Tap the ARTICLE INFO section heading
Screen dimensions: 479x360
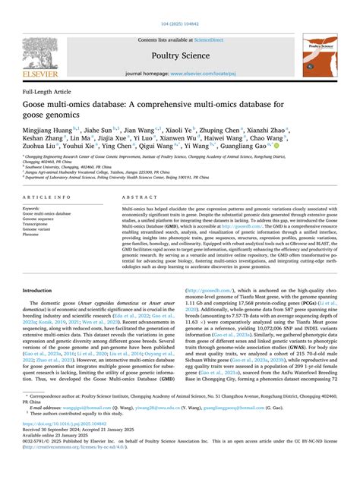43,196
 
